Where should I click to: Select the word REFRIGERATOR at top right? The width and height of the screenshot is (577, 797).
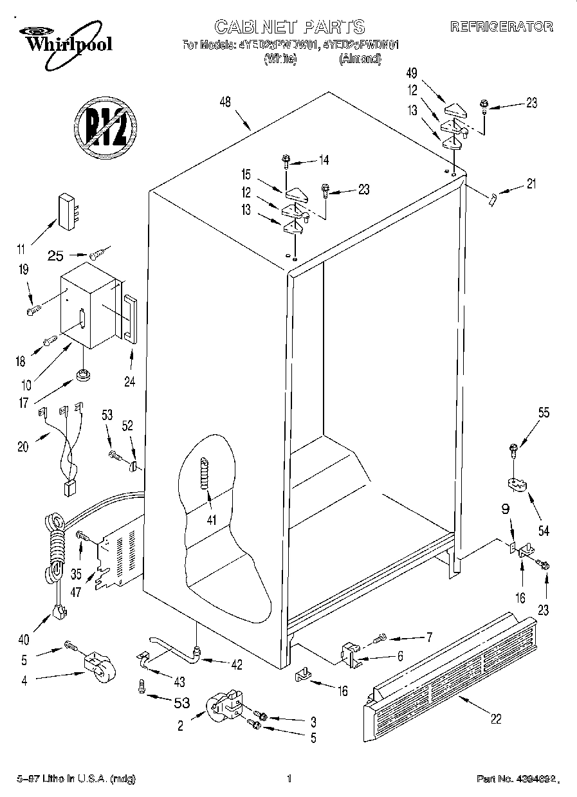(501, 27)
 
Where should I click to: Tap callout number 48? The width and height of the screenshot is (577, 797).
(224, 102)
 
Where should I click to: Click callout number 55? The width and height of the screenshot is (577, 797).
(544, 414)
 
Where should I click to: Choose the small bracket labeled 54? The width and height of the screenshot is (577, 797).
(516, 482)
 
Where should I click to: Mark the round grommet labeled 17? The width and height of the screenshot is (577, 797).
(82, 374)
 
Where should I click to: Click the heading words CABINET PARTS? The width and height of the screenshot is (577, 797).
(289, 26)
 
